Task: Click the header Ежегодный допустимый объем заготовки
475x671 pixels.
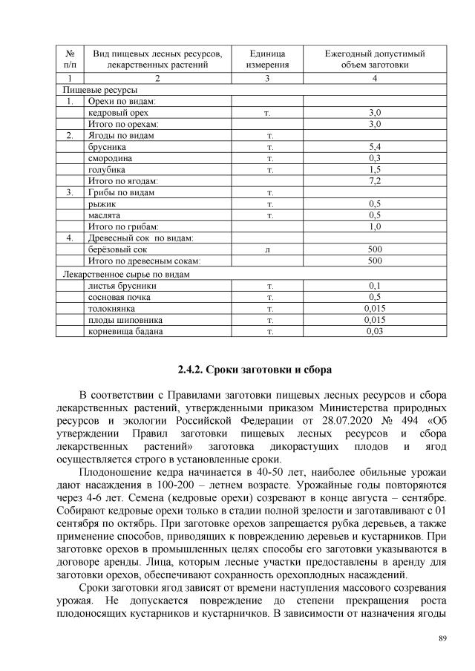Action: tap(375, 59)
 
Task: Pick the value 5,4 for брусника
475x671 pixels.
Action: tap(375, 148)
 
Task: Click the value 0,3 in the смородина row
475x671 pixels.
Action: tap(375, 159)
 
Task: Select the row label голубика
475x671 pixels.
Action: tap(107, 169)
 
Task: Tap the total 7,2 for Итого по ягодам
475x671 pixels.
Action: tap(375, 181)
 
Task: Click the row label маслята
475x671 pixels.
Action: tap(105, 215)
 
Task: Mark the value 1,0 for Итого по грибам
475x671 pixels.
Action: tap(375, 226)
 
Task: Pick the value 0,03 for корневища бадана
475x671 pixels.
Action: tap(375, 331)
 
